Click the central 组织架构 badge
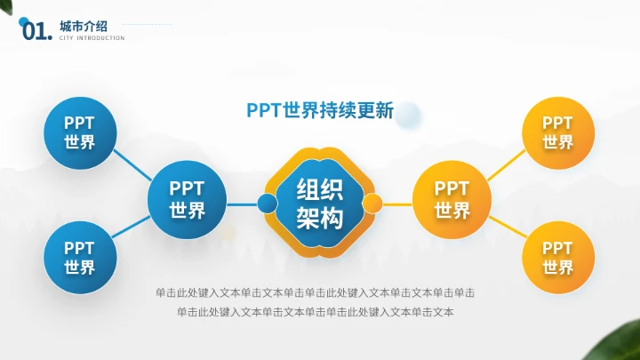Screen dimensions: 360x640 [320, 203]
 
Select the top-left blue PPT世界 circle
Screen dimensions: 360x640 [79, 132]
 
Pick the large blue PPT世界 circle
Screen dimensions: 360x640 [188, 200]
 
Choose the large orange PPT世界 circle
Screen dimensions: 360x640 [452, 200]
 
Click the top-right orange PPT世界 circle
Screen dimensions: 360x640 [558, 132]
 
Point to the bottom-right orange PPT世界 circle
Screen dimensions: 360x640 [558, 258]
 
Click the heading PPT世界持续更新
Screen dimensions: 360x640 [319, 111]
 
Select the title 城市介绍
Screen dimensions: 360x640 [82, 24]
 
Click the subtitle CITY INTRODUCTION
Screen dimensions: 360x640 [92, 38]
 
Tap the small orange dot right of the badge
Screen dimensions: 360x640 [373, 204]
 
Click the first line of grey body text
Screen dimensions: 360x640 [315, 292]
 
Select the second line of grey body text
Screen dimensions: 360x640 [315, 312]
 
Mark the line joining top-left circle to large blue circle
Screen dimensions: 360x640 [130, 163]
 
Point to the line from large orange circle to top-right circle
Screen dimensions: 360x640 [507, 164]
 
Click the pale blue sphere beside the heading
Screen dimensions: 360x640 [409, 113]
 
